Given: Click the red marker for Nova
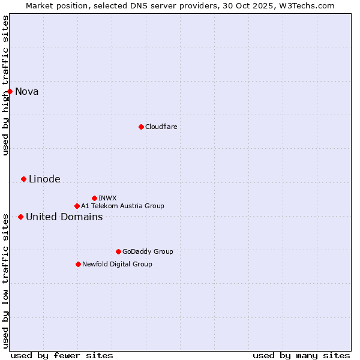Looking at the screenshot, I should pos(10,91).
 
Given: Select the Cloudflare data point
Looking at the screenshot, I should pos(141,127).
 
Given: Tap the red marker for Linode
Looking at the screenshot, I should pos(23,179).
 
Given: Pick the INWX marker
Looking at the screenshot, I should pos(94,198).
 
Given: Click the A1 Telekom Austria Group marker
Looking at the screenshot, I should pos(77,206).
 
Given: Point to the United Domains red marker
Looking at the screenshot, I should pos(20,217).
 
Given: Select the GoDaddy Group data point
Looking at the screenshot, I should pos(118,251).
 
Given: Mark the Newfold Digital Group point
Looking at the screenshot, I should pos(78,264).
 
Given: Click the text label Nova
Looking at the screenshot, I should pos(27,91).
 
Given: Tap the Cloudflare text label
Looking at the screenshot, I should pos(161,127).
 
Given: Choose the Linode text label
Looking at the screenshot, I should pos(44,179).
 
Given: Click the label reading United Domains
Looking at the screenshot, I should pos(64,217).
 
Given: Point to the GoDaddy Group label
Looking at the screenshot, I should pos(148,251).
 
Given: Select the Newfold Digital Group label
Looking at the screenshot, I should pos(117,264).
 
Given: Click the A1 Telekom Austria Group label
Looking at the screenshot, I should pos(122,206).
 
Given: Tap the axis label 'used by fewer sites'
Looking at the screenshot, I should pos(62,355).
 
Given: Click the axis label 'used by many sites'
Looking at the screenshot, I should pos(301,355).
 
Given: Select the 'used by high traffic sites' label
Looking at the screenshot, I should pos(5,85).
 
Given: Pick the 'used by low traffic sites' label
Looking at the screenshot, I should pos(5,280).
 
